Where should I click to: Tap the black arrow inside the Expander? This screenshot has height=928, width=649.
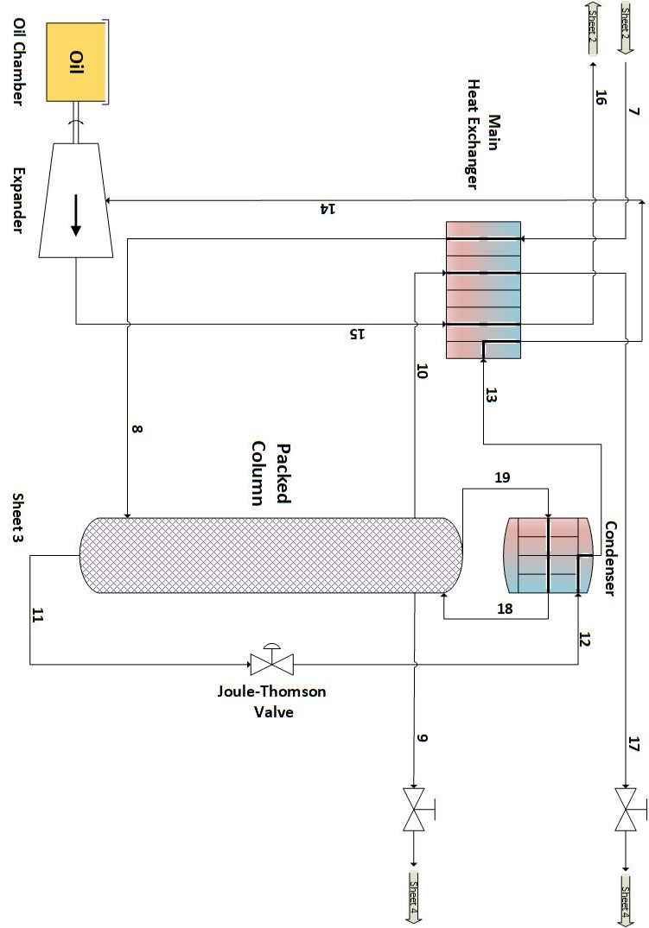[x=76, y=215]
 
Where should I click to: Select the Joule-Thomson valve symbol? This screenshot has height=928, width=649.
[x=271, y=663]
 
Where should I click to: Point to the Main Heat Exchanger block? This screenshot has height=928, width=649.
[x=483, y=289]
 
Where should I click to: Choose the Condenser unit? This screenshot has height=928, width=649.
[x=549, y=555]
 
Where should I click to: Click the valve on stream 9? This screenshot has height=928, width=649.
[x=416, y=811]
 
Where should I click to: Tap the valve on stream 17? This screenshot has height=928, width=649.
[x=626, y=811]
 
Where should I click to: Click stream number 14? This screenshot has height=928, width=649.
[x=324, y=209]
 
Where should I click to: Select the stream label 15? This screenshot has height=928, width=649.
[x=354, y=333]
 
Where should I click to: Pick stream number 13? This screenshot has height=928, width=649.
[x=492, y=395]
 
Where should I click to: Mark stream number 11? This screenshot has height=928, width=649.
[x=36, y=616]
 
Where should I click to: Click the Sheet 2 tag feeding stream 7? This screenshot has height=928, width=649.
[x=628, y=27]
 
